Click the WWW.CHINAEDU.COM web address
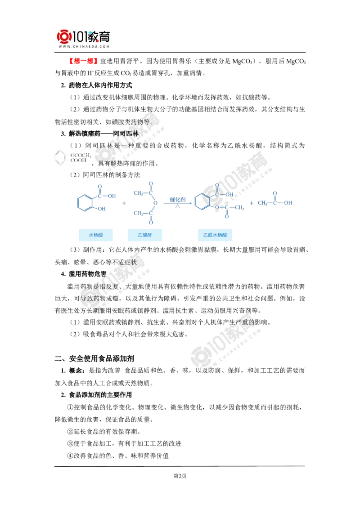[84, 46]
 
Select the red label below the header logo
[83, 61]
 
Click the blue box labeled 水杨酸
[96, 235]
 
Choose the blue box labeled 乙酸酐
[144, 235]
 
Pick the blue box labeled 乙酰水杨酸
[216, 235]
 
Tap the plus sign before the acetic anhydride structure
[124, 203]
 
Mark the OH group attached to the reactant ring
[101, 209]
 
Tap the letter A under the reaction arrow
[177, 206]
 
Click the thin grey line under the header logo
[85, 53]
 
